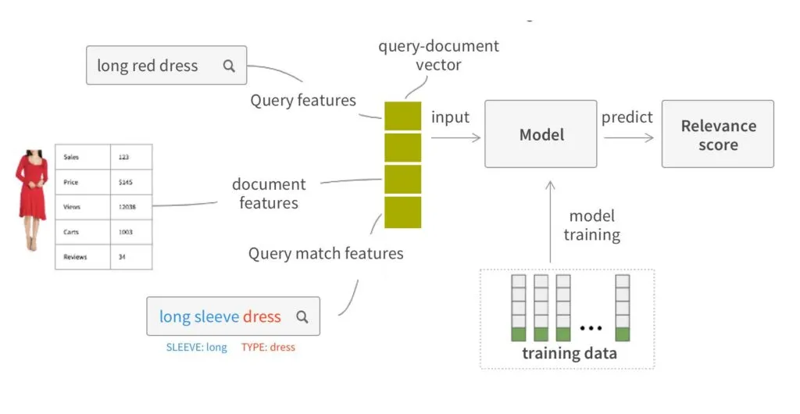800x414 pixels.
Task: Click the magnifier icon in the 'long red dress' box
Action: (229, 66)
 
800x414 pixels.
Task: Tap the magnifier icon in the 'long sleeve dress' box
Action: (302, 317)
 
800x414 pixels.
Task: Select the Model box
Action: (541, 134)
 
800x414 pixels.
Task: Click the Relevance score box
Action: (718, 134)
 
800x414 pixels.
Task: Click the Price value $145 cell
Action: (130, 182)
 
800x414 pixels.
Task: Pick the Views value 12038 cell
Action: (130, 207)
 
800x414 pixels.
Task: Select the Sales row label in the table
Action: (82, 157)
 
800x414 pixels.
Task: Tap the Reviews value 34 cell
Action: (130, 257)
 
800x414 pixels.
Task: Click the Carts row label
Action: (82, 232)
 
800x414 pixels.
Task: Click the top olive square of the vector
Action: (402, 116)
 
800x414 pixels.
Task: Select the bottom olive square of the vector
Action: (402, 212)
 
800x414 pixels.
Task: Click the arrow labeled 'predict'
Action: (629, 137)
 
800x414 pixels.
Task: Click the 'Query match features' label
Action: (326, 254)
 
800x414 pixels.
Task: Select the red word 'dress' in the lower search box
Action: (262, 316)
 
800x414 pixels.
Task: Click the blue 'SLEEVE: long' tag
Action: (196, 348)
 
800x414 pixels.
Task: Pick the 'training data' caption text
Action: (569, 354)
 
